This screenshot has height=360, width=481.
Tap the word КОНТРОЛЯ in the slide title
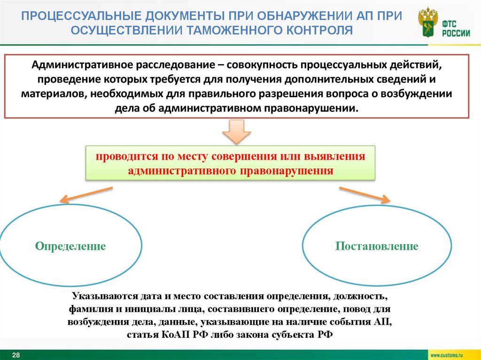[x=319, y=31]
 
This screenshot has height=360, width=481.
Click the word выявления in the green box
[x=340, y=156]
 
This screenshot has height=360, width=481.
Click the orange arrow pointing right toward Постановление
[x=364, y=194]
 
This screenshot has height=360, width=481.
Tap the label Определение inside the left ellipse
[x=70, y=246]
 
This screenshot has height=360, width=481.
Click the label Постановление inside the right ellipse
[x=377, y=246]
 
